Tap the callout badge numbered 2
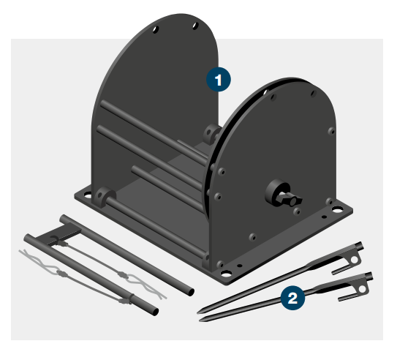[x=292, y=297]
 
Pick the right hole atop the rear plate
[x=194, y=26]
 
